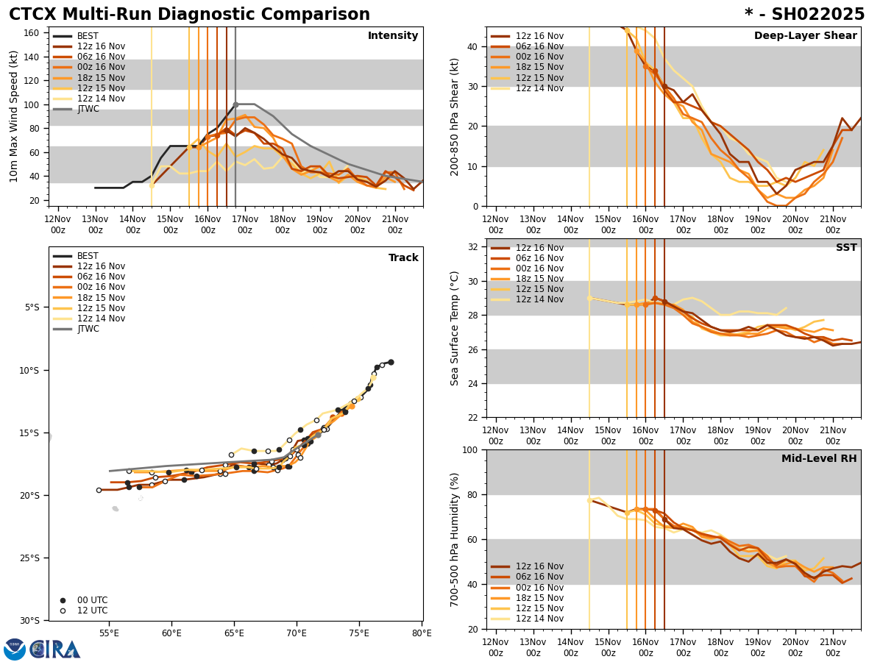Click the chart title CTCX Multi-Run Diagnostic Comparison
point(189,15)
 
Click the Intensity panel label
point(392,36)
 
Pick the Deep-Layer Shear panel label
point(805,36)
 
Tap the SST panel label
point(845,248)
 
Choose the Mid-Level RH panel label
point(818,459)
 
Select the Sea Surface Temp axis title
point(455,327)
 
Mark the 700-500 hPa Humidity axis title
point(455,539)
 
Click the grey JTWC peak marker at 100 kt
point(235,104)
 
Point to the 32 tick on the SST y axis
point(475,247)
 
